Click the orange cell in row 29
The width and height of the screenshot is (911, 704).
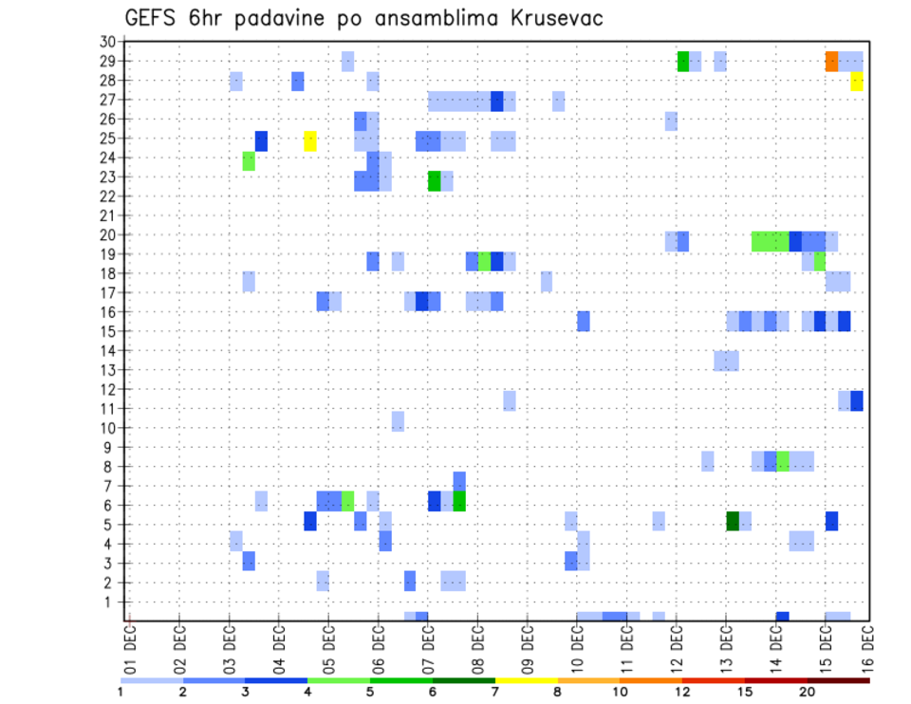coord(831,61)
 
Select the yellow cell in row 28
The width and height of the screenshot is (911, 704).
coord(857,81)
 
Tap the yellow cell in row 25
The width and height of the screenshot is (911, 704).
coord(310,140)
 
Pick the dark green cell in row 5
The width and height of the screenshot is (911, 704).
coord(733,521)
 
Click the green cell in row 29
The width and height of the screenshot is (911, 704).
coord(683,61)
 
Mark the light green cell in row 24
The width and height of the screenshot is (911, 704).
coord(249,160)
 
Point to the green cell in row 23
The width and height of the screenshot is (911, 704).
coord(435,180)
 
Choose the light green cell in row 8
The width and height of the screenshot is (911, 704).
coord(783,462)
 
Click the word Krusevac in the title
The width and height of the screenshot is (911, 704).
coord(550,18)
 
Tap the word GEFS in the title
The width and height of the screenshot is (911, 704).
coord(152,18)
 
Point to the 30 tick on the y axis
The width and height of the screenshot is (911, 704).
coord(106,42)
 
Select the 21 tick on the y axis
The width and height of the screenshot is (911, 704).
coord(106,215)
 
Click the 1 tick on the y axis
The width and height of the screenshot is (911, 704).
coord(109,602)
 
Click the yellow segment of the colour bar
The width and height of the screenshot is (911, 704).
coord(526,680)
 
